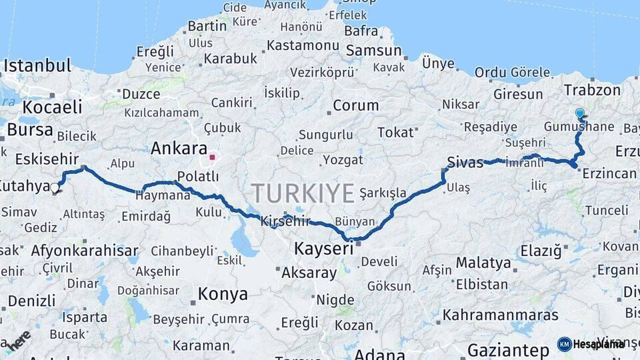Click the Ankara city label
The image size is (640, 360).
click(x=179, y=148)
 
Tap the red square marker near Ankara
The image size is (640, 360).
click(x=212, y=157)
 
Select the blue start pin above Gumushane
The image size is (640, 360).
click(x=580, y=114)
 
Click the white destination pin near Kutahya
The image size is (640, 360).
click(x=55, y=189)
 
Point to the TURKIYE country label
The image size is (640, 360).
click(x=303, y=193)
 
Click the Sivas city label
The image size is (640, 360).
click(x=465, y=162)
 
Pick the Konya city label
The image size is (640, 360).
click(x=223, y=294)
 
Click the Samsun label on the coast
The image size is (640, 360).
click(x=373, y=51)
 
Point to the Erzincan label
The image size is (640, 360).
click(x=609, y=174)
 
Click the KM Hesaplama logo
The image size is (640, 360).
click(x=591, y=344)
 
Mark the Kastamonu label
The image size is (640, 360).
click(x=303, y=45)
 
